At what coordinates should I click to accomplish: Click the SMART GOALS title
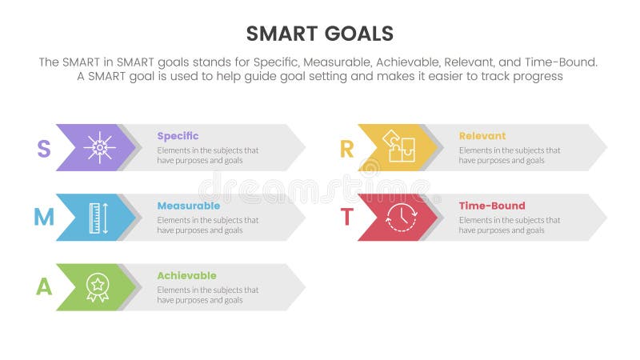tap(320, 33)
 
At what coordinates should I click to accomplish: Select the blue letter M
tap(44, 217)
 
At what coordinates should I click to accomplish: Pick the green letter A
tap(44, 286)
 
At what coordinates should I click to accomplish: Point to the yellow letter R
tap(346, 148)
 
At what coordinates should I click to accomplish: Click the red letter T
tap(346, 217)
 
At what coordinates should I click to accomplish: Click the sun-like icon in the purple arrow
tap(99, 148)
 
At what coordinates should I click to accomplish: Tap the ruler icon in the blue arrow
tap(98, 218)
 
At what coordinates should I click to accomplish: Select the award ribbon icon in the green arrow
tap(98, 287)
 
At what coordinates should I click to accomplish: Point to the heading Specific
tap(178, 136)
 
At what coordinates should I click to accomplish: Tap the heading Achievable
tap(186, 276)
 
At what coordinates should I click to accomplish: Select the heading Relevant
tap(482, 136)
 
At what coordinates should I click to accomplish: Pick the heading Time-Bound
tap(490, 206)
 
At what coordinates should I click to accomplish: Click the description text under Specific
tap(207, 155)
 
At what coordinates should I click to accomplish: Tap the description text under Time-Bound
tap(510, 225)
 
